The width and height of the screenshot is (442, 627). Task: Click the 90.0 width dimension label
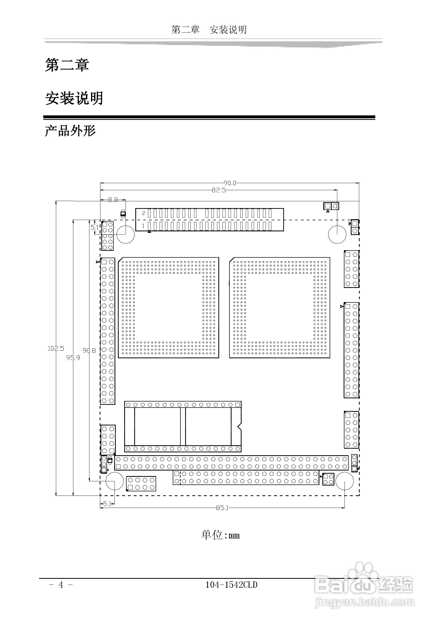point(230,183)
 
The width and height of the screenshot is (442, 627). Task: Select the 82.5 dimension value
point(219,190)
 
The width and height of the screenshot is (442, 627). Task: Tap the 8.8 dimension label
point(113,200)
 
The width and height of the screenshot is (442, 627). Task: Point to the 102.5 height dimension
point(56,349)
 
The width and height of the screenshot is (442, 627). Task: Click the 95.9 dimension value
point(73,358)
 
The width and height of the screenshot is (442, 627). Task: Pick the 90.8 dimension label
point(89,350)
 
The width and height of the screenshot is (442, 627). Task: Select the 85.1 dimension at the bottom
point(222,508)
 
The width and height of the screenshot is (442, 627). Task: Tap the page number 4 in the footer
point(61,585)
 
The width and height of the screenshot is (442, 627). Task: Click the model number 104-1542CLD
point(231,585)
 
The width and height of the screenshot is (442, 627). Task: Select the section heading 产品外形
point(70,131)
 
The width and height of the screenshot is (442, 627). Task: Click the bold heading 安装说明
point(74,98)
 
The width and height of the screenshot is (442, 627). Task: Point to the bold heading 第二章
point(67,65)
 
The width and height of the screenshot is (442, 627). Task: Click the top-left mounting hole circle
point(126,234)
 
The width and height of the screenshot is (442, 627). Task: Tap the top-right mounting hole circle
point(337,234)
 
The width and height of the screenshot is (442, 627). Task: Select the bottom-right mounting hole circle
point(344,481)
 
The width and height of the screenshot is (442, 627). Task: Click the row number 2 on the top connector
point(143,213)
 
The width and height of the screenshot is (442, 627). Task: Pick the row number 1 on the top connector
point(143,226)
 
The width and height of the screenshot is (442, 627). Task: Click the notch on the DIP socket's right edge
point(239,426)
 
